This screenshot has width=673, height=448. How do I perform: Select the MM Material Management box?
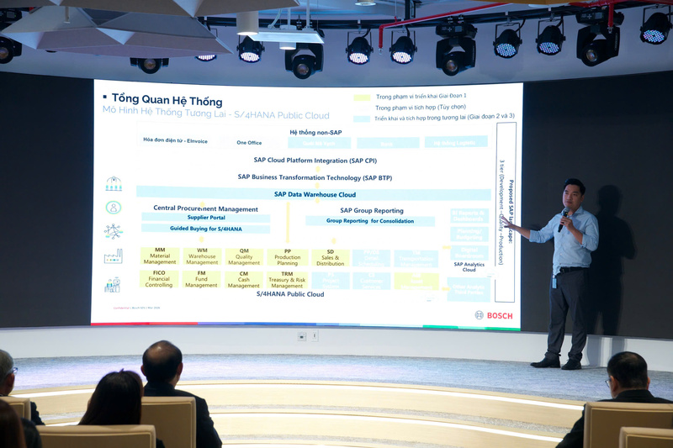[160, 256]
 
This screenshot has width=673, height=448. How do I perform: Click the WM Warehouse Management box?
[202, 256]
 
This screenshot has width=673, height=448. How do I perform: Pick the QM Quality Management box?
[244, 256]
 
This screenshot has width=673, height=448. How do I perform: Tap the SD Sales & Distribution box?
[331, 257]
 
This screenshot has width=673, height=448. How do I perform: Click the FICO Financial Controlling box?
[159, 280]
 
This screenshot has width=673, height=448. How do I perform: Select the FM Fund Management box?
[202, 280]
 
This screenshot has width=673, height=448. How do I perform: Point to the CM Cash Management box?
[244, 280]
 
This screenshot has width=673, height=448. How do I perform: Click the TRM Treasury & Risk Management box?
[288, 280]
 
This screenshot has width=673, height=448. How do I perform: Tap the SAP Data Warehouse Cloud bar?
[314, 194]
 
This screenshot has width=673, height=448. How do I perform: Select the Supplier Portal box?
[206, 218]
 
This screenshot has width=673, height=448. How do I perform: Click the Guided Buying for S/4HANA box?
[206, 229]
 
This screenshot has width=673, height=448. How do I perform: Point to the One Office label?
[249, 143]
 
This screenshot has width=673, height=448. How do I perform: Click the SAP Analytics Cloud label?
[469, 266]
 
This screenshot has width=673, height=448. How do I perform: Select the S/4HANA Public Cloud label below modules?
[289, 295]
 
